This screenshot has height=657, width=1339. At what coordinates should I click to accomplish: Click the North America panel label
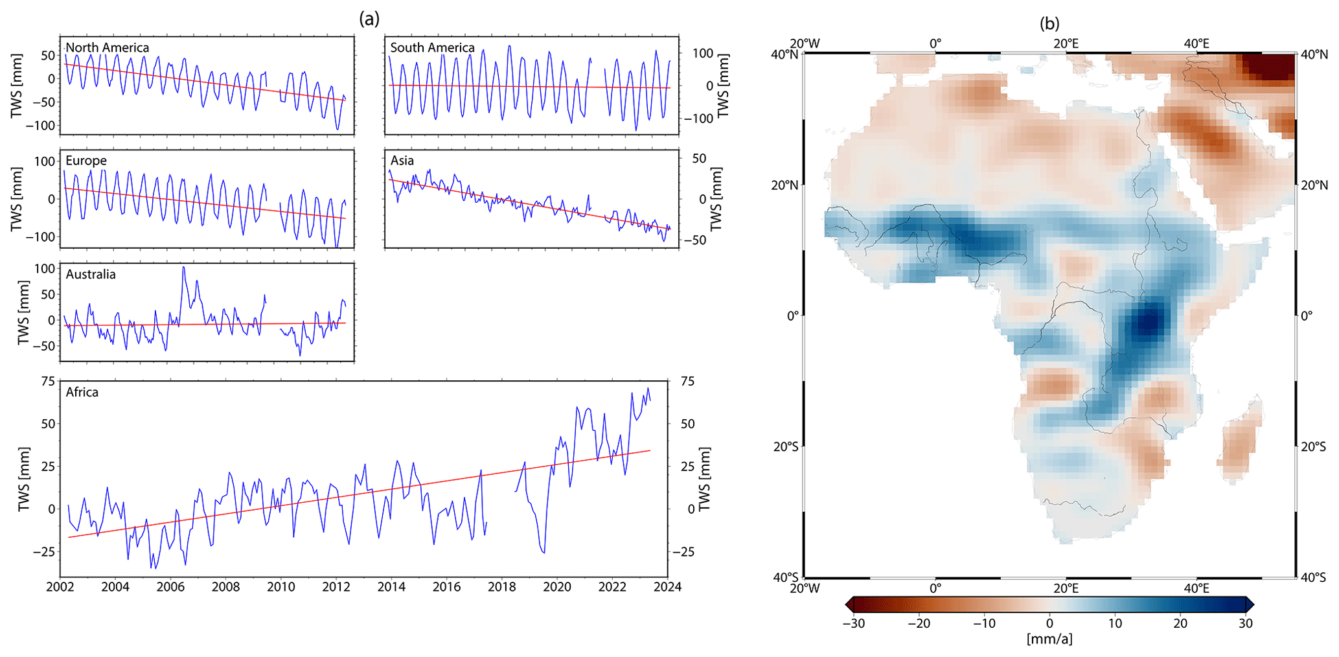(x=108, y=47)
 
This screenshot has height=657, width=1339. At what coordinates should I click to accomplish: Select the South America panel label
(x=432, y=47)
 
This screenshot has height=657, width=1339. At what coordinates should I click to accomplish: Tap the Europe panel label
(x=86, y=161)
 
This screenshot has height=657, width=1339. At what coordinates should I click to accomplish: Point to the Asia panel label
(x=402, y=161)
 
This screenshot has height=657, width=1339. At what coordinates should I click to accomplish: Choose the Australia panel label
(x=91, y=274)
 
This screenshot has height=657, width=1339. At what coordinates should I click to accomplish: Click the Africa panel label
(x=82, y=392)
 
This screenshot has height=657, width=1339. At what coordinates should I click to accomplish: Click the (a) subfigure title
(x=369, y=19)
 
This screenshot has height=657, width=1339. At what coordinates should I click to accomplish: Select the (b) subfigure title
(x=1049, y=23)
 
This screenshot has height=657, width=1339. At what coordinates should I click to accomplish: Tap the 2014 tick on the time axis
(x=391, y=587)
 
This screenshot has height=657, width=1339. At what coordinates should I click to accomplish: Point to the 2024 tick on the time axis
(x=667, y=587)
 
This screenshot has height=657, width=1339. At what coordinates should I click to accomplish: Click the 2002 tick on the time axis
(x=60, y=587)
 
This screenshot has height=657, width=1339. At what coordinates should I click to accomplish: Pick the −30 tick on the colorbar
(x=854, y=623)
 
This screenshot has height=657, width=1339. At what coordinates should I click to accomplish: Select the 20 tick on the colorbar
(x=1180, y=623)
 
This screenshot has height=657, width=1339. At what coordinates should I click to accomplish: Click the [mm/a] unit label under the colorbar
(x=1049, y=639)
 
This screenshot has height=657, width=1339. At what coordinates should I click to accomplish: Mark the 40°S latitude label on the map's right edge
(x=1313, y=577)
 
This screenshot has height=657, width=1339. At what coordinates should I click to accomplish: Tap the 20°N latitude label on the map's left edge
(x=785, y=185)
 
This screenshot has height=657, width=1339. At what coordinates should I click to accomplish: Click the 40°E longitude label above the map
(x=1196, y=43)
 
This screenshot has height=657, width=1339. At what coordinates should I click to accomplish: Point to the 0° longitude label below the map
(x=935, y=588)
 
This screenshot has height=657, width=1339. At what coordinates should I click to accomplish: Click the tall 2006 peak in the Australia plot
(x=183, y=268)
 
